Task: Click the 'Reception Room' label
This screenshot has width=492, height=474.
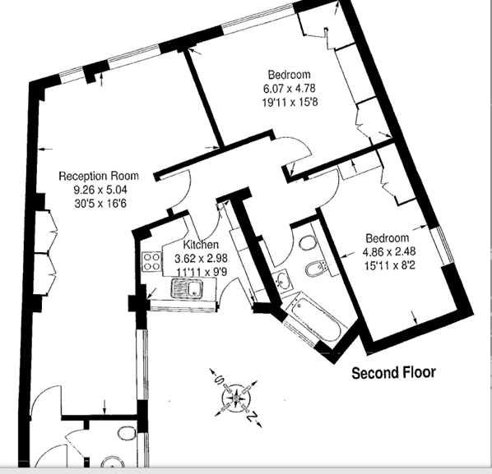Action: point(99,176)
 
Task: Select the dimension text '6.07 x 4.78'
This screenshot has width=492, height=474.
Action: point(290,89)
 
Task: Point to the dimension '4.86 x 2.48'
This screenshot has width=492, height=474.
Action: point(389,251)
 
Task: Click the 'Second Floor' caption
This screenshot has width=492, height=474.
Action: point(393,373)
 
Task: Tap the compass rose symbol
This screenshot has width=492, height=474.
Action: point(236,398)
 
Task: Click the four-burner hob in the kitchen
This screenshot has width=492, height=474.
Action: point(151,262)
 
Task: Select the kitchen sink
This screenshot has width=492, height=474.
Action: point(187,288)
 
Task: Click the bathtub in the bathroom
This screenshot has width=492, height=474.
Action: point(316,319)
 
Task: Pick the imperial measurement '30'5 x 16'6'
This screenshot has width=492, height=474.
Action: point(100,204)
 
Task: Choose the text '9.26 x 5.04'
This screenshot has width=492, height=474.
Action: point(100,190)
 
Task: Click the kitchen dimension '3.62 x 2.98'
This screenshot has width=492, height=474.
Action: point(201,259)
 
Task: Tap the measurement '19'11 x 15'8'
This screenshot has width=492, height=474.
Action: point(290,102)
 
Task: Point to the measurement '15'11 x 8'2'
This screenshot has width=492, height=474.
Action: point(390,265)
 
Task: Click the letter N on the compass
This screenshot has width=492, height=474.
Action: point(252,417)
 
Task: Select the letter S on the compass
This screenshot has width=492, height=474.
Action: point(218,380)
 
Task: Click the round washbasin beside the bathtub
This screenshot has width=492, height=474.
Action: point(284,280)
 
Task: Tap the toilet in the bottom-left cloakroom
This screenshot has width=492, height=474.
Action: point(127,433)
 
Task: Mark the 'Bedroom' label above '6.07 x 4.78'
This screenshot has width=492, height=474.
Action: point(290,75)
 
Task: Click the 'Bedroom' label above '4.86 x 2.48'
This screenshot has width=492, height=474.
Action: point(388,237)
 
